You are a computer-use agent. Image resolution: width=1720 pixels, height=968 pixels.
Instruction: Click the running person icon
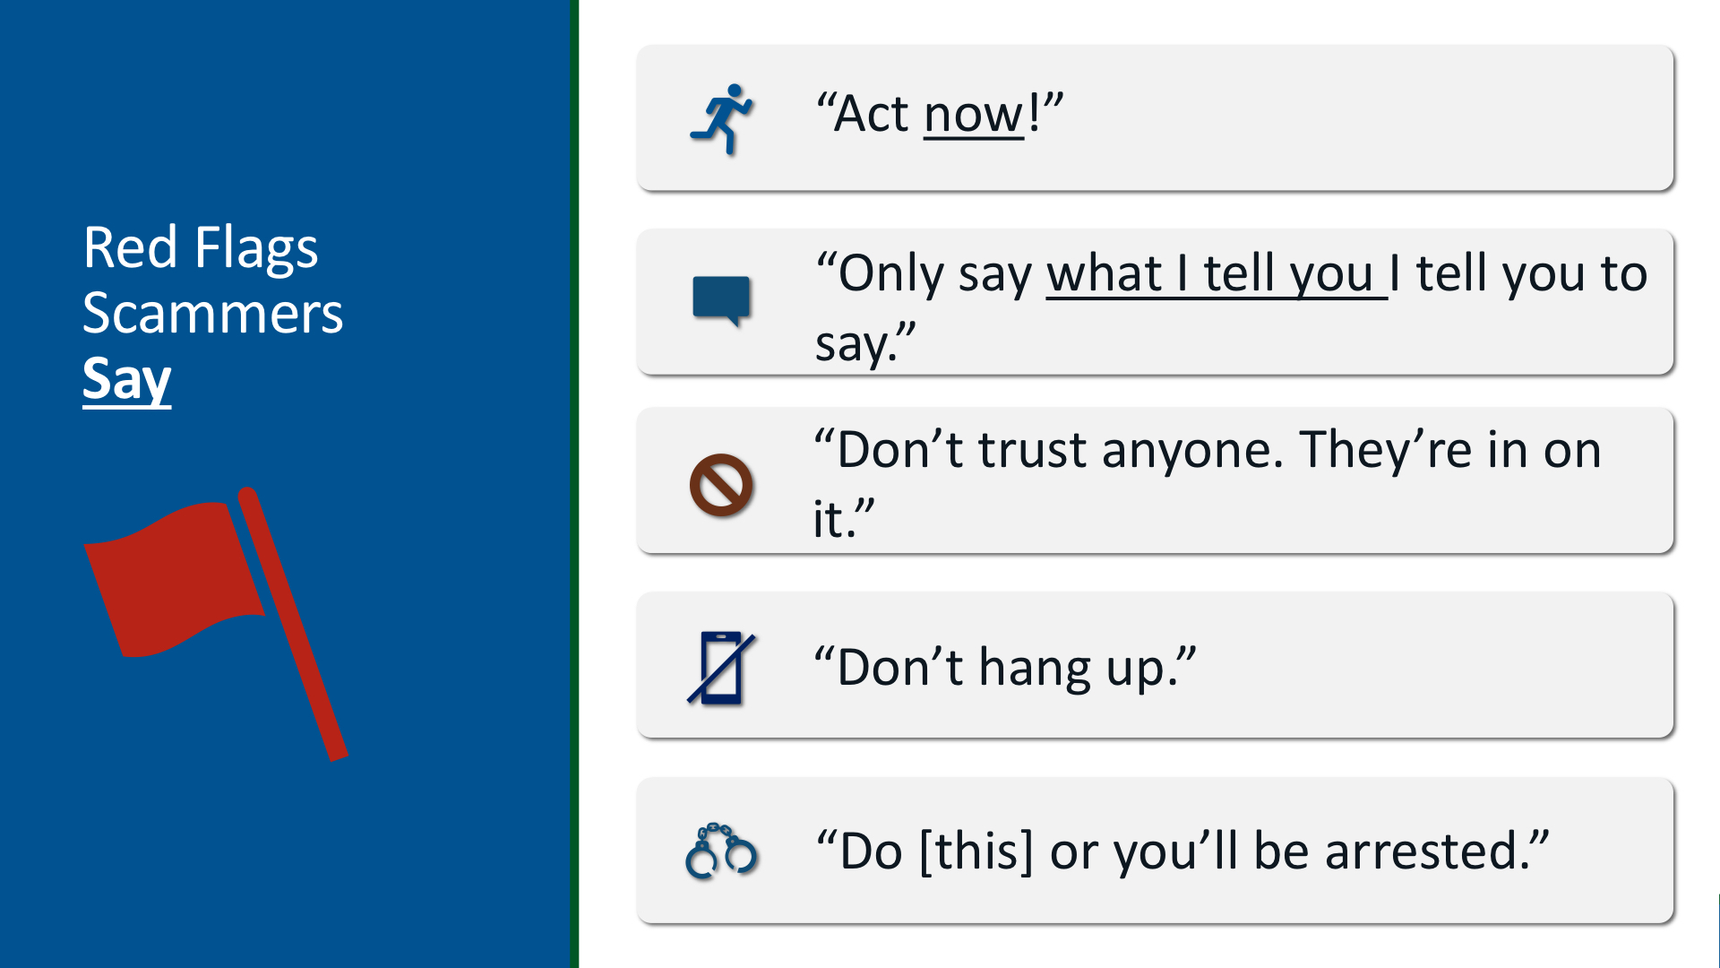point(722,119)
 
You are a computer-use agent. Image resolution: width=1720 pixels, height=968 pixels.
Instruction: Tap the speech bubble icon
point(721,300)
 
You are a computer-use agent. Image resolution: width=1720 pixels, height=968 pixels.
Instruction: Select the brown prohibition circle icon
point(721,485)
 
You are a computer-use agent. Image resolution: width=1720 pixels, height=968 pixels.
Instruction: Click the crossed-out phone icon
point(721,669)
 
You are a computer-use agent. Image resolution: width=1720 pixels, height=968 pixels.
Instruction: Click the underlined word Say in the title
point(126,380)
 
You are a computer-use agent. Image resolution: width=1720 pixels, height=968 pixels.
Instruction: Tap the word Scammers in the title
point(212,314)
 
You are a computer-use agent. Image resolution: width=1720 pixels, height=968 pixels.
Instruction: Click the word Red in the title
point(130,247)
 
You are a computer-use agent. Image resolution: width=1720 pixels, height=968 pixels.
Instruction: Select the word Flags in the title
point(256,247)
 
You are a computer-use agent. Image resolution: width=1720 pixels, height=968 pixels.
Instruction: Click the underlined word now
point(974,115)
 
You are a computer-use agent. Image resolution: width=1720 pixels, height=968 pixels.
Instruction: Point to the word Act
point(871,114)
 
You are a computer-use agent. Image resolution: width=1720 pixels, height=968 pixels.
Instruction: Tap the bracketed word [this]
point(976,851)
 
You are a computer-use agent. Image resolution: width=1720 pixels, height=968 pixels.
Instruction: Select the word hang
point(1035,669)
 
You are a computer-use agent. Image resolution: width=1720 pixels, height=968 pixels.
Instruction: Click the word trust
point(1032,450)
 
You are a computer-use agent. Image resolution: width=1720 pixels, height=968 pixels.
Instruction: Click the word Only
point(890,275)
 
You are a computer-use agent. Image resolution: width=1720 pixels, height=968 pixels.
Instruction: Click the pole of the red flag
point(293,624)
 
